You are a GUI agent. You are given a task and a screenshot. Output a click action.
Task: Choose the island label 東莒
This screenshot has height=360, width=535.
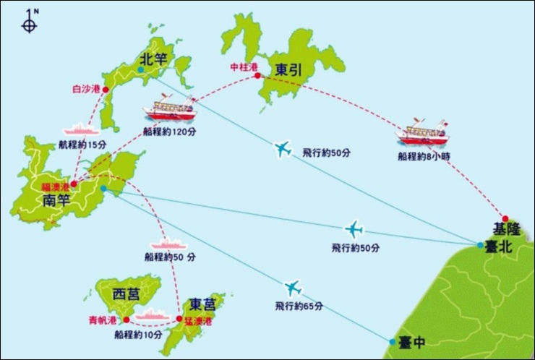(198, 304)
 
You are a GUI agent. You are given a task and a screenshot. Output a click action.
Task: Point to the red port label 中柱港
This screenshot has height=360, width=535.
(243, 67)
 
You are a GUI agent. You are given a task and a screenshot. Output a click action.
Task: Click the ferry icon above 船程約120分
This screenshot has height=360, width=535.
(171, 110)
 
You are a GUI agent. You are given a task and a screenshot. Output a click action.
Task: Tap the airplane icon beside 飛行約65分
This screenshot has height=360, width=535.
(292, 288)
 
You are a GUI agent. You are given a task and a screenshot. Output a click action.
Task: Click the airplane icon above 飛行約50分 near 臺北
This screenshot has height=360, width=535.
(354, 229)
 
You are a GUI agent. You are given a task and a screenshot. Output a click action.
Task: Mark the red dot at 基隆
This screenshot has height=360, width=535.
(505, 218)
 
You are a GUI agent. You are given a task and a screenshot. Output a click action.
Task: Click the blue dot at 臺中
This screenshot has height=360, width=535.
(392, 341)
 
